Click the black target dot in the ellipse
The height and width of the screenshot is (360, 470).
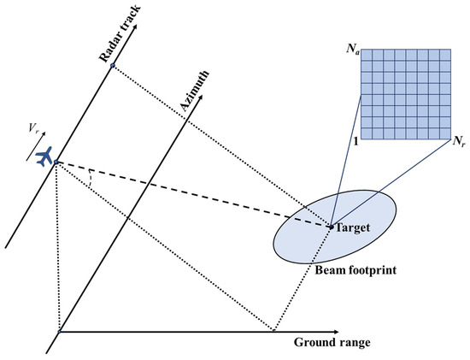pyautogui.click(x=331, y=227)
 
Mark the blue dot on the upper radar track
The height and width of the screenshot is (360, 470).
pyautogui.click(x=111, y=66)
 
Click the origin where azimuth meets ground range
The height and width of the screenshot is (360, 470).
pyautogui.click(x=58, y=331)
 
